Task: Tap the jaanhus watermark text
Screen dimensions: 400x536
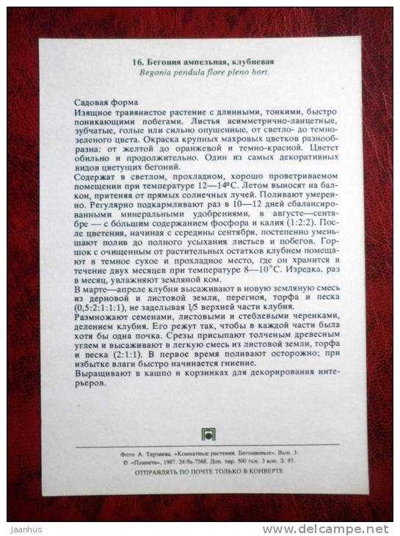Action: tap(23, 529)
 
